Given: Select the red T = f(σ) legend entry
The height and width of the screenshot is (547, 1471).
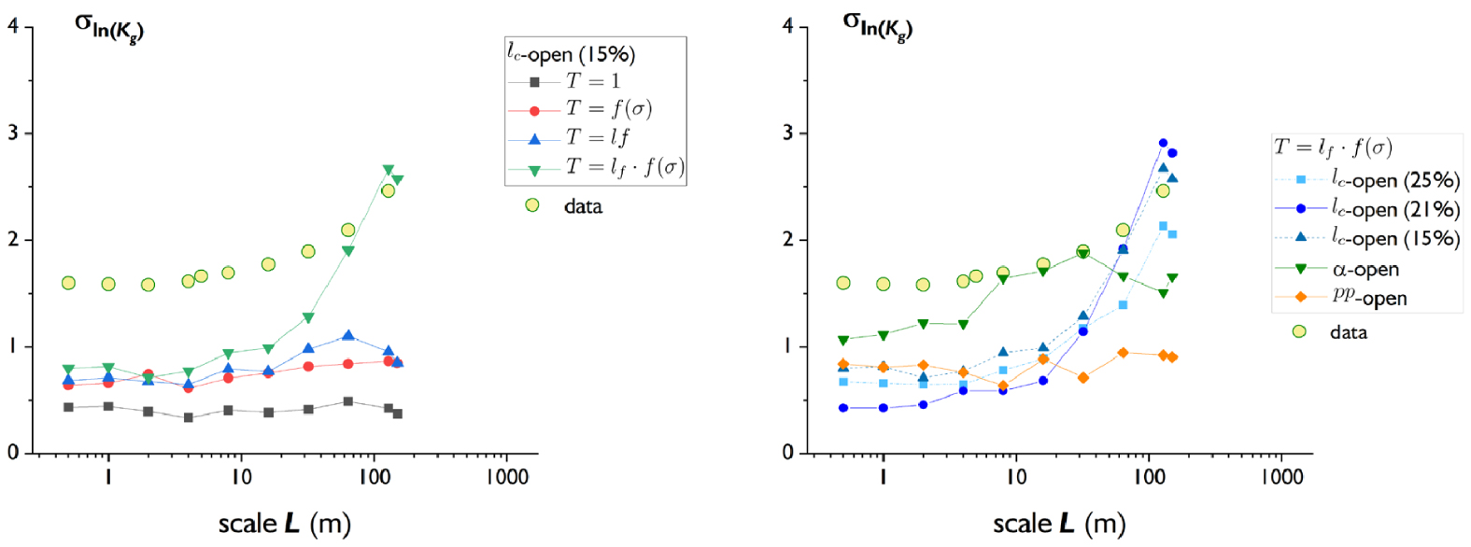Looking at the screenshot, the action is [x=581, y=109].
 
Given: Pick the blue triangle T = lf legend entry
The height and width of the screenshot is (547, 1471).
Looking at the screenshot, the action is [x=569, y=138].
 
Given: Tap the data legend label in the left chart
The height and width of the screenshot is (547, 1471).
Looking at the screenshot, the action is [x=583, y=206].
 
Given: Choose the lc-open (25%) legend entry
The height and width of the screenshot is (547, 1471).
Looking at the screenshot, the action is [x=1367, y=179].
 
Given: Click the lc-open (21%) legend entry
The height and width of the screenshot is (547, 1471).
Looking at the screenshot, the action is [x=1367, y=209].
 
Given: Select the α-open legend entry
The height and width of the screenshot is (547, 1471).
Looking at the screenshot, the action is [x=1337, y=269].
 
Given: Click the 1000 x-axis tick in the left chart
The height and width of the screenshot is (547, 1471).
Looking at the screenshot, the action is [x=507, y=477].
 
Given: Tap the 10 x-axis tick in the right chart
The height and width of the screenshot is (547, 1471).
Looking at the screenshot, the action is [x=1016, y=477].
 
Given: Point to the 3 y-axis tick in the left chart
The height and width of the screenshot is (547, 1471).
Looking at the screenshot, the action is [x=13, y=133].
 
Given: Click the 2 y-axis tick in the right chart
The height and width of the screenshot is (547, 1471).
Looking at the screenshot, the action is [x=788, y=239].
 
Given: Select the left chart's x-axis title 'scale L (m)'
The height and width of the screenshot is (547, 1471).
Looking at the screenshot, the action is [x=284, y=524].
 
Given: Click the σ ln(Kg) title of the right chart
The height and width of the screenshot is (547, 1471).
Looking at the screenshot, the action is [x=877, y=26].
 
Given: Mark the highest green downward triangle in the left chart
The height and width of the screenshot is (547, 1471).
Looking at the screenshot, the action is [x=389, y=170].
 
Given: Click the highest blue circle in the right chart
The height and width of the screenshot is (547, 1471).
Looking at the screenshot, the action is [x=1163, y=143].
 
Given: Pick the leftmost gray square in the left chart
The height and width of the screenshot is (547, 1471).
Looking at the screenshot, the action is [x=68, y=407].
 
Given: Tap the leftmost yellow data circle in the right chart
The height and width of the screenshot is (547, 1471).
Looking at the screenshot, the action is [x=843, y=283].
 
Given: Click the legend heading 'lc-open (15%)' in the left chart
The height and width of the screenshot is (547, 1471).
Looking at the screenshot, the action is [x=572, y=54].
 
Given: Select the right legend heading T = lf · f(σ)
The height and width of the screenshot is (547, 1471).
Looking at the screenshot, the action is [x=1333, y=147].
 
